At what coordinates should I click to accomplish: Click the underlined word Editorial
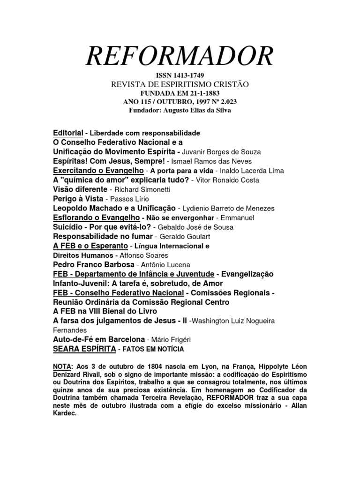click(68, 133)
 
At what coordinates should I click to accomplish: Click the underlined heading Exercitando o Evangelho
click(97, 170)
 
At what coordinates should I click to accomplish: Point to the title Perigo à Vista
click(77, 199)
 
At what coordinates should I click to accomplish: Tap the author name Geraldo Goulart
click(183, 236)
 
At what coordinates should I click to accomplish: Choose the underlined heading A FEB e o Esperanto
click(90, 246)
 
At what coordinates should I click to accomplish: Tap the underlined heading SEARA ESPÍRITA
click(84, 349)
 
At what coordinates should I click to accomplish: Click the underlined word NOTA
click(62, 366)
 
